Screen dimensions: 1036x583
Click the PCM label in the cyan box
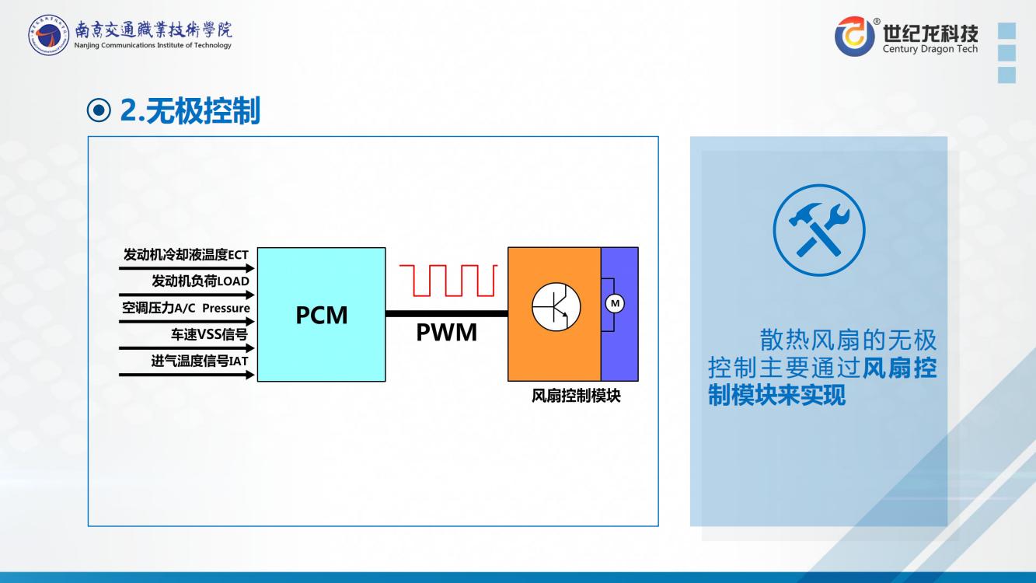click(322, 315)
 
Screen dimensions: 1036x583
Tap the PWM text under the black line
click(446, 332)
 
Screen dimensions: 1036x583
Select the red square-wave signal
click(448, 281)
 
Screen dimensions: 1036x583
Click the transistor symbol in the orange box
click(556, 307)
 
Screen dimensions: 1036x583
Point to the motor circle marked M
click(615, 303)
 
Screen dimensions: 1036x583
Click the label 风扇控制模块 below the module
click(576, 396)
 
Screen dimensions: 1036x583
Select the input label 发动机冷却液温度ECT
click(186, 254)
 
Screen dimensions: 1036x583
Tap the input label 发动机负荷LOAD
click(201, 281)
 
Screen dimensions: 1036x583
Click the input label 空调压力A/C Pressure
click(186, 308)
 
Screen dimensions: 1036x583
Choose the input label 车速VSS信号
click(209, 334)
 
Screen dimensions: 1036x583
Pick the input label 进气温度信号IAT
click(199, 361)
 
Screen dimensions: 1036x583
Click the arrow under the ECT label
click(187, 268)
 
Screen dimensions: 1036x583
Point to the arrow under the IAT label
click(187, 375)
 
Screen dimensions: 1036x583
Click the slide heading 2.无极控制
click(190, 110)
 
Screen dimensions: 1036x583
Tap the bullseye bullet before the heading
click(99, 110)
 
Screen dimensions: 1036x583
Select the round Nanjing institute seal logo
click(48, 35)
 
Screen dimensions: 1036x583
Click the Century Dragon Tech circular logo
click(855, 37)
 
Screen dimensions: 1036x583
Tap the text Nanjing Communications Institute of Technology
click(152, 45)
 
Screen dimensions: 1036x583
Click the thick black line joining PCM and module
click(447, 314)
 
